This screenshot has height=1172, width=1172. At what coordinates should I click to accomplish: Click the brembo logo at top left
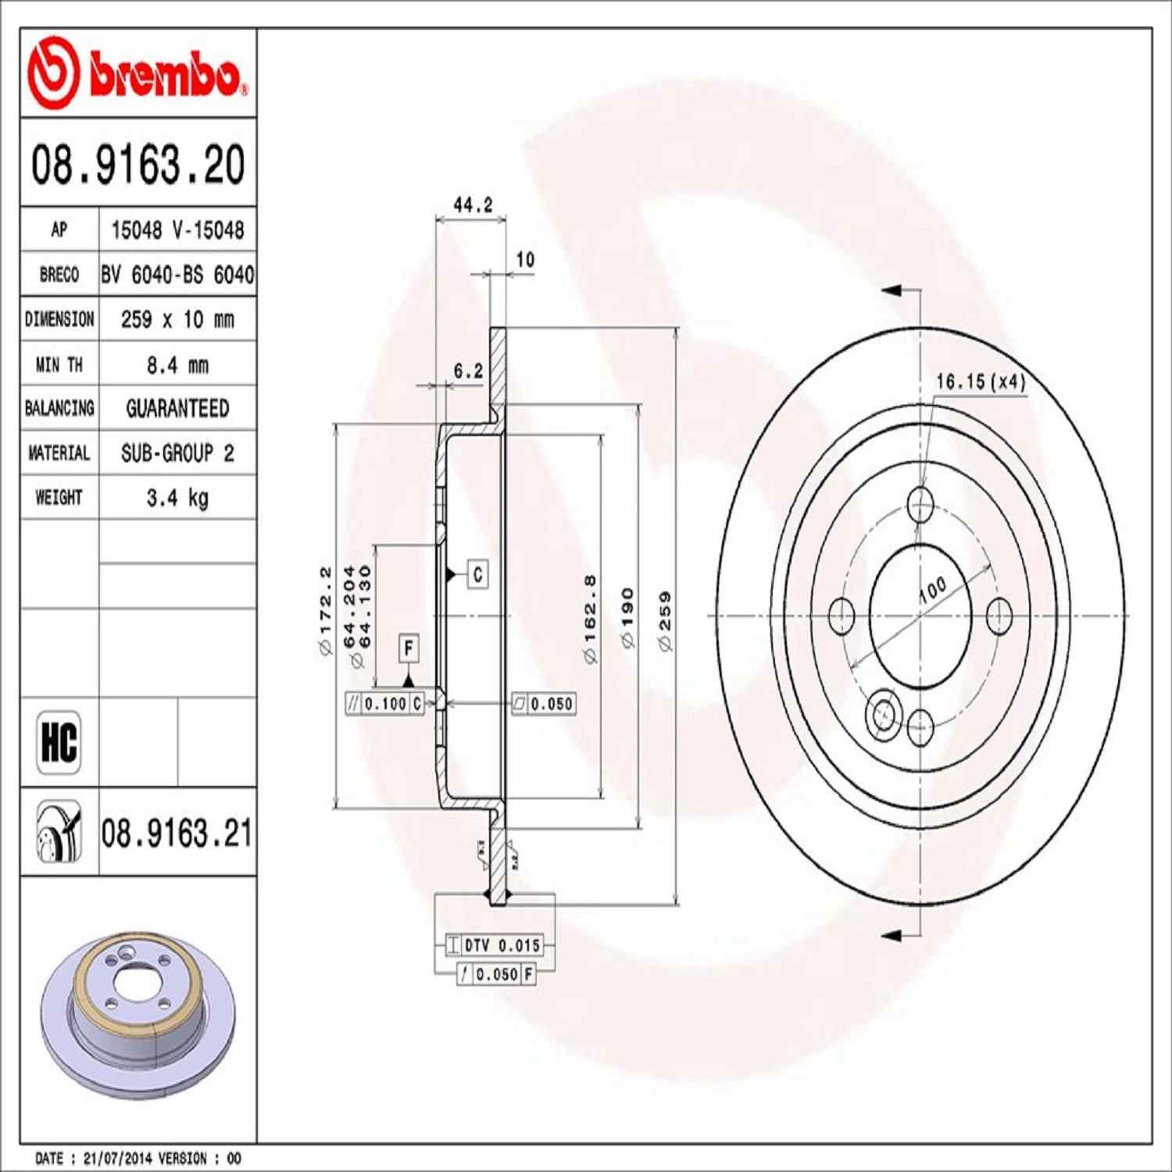(138, 73)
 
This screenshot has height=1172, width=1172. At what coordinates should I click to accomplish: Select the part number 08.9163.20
(138, 165)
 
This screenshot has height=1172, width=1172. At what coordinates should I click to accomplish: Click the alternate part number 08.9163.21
(177, 833)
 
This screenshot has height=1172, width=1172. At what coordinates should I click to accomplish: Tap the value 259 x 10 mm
(177, 320)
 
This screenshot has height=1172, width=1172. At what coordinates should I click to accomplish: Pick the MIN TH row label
(59, 365)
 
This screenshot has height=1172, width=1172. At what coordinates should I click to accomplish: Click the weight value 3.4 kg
(177, 498)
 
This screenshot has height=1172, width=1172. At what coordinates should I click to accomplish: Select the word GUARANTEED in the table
(177, 409)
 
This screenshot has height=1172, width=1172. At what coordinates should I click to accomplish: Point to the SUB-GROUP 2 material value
(177, 453)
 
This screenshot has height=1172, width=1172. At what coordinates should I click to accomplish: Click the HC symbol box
(59, 742)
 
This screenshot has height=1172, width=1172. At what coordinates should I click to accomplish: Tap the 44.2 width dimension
(473, 205)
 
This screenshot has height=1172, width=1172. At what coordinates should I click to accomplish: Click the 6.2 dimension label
(468, 371)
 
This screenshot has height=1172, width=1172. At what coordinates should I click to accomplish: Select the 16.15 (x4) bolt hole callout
(980, 381)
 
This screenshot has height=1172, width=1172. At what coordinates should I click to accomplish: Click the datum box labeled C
(477, 574)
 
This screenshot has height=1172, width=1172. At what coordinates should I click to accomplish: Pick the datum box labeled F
(408, 648)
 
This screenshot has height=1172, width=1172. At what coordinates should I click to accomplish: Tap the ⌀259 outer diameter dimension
(664, 621)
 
